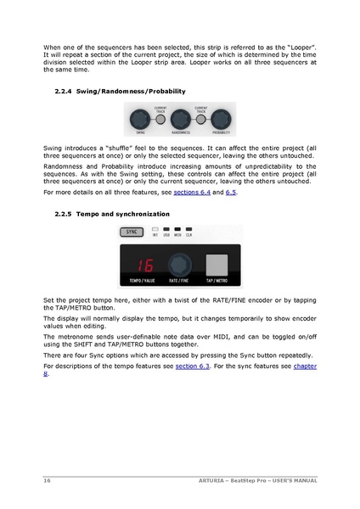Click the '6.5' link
[231, 193]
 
